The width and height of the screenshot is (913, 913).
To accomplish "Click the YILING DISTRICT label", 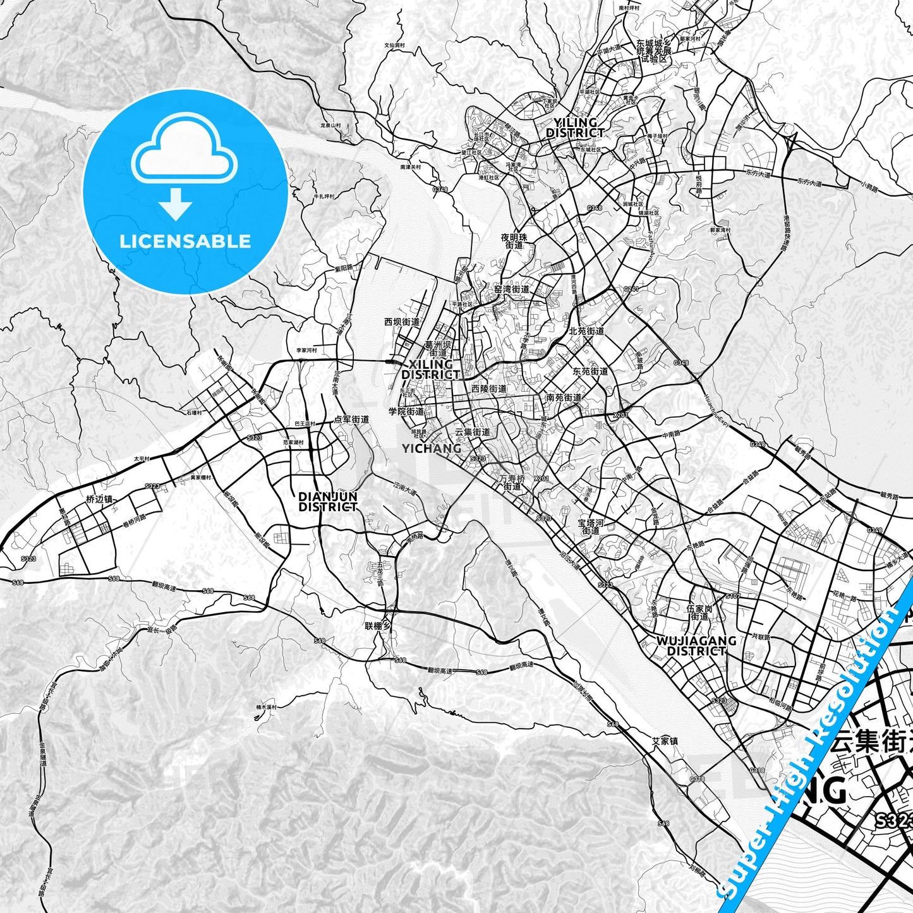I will pyautogui.click(x=574, y=128).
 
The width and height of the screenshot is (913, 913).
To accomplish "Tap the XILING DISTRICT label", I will pyautogui.click(x=431, y=370).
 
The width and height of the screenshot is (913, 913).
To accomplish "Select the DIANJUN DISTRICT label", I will pyautogui.click(x=327, y=502).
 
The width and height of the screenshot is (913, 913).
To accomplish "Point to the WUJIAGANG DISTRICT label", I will pyautogui.click(x=696, y=645).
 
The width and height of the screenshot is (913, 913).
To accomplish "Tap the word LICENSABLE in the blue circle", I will pyautogui.click(x=185, y=241).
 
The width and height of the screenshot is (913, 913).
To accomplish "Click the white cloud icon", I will pyautogui.click(x=184, y=151).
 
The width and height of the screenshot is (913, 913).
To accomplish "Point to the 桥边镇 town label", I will pyautogui.click(x=99, y=499).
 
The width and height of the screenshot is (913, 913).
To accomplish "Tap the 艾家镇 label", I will pyautogui.click(x=665, y=741).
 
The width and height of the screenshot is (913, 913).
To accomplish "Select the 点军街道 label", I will pyautogui.click(x=351, y=419).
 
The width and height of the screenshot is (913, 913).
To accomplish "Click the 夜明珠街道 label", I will pyautogui.click(x=514, y=241).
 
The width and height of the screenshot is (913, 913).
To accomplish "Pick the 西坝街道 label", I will pyautogui.click(x=402, y=322).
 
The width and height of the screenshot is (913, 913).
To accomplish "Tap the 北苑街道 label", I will pyautogui.click(x=586, y=330).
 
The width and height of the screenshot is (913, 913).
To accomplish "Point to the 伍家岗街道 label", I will pyautogui.click(x=699, y=612).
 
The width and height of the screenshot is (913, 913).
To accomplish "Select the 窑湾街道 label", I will pyautogui.click(x=512, y=289).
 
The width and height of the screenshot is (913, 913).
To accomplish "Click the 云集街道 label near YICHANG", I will pyautogui.click(x=473, y=432).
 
